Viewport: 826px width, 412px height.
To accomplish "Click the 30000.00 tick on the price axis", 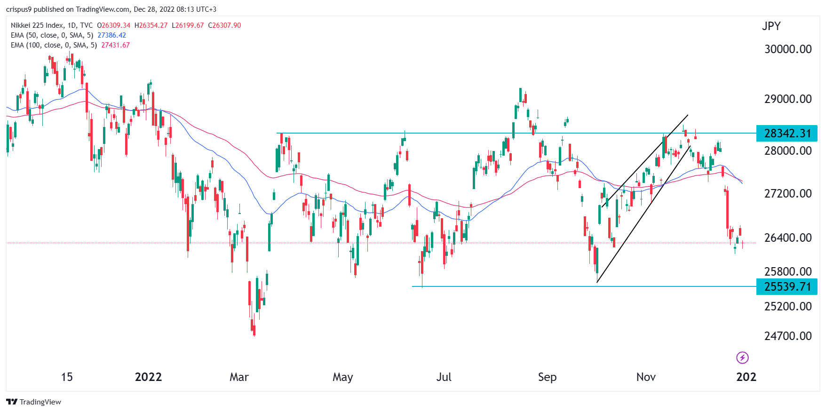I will tap(788, 49).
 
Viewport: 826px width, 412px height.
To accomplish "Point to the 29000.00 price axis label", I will tap(788, 99).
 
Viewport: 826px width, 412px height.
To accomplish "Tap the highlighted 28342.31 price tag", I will tap(787, 134).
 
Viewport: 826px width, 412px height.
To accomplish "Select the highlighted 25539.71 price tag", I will tap(787, 286).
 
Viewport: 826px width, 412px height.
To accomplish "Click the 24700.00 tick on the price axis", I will tap(788, 336).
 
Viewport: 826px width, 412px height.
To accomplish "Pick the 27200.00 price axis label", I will tap(788, 193).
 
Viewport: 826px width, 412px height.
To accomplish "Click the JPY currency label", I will tap(771, 26).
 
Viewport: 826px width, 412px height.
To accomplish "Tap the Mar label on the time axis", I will tap(239, 377).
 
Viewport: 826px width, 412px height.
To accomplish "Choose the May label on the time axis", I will tap(342, 377).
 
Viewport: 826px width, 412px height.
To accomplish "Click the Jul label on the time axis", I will tap(444, 377).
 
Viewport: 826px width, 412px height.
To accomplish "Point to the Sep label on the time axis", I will tap(547, 377).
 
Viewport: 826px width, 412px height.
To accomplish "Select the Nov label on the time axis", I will tap(646, 377).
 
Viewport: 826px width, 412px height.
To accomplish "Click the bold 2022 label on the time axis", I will tap(148, 377).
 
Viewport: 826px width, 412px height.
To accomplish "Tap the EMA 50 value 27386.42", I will tap(111, 35).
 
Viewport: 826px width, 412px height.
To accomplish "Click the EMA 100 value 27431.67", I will tap(115, 45).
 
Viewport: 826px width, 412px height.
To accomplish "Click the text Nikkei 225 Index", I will tap(38, 25).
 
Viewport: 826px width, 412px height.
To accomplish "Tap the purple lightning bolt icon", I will tap(742, 358).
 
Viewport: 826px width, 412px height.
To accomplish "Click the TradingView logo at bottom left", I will tap(33, 402).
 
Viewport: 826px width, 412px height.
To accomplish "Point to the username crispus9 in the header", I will tap(19, 9).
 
